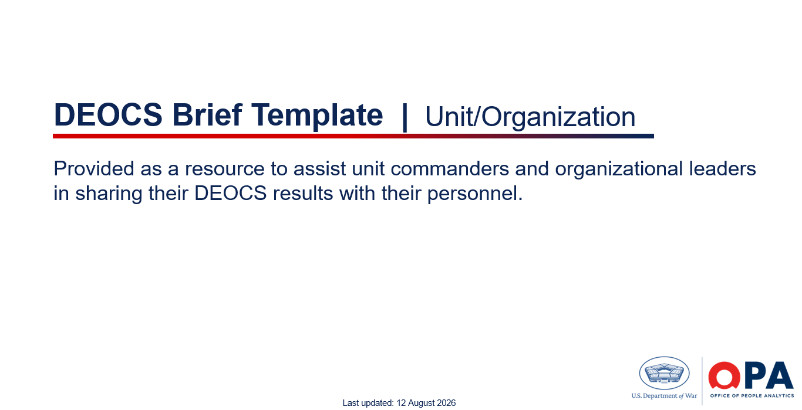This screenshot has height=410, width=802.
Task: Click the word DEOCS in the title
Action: coord(108,115)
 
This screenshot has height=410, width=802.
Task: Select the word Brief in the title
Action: coord(207,114)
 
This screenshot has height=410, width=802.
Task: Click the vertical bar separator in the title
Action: coord(405,117)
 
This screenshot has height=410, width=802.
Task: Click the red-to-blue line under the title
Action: coord(353,136)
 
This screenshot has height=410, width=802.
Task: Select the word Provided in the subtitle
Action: coord(94,168)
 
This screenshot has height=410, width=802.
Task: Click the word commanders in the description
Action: coord(450,168)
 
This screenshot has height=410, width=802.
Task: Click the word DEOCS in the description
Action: coord(231,193)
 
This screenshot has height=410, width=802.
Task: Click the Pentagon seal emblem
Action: coord(665,373)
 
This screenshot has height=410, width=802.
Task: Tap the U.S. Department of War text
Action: coord(664,396)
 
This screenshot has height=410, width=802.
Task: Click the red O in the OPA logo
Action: coord(725,375)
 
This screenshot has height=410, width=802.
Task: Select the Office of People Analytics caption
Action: coord(752,396)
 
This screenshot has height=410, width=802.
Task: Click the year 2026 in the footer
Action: coord(446,403)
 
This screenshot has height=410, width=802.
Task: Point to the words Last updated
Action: coord(368,403)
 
